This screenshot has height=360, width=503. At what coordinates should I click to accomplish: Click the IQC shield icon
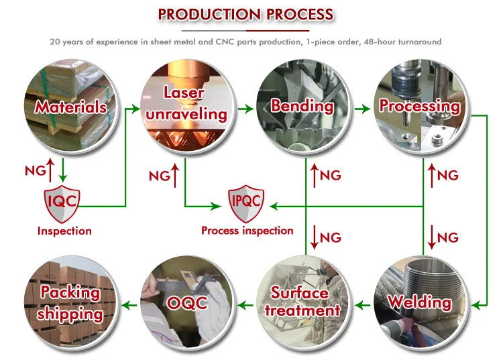point(62,204)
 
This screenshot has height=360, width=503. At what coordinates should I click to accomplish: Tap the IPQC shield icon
point(246,204)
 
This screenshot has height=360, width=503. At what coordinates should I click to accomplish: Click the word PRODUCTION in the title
point(209,15)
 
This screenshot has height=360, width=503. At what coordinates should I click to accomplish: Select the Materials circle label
point(71,107)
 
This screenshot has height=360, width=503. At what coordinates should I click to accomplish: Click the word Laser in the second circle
point(184,93)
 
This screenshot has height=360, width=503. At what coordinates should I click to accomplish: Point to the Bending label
point(302,106)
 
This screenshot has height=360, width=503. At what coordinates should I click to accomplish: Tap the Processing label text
point(420,106)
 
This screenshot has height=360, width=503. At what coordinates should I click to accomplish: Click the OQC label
point(186,303)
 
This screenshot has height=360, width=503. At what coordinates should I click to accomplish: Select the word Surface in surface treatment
point(300,293)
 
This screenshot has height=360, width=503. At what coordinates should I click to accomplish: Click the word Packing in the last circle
point(70,292)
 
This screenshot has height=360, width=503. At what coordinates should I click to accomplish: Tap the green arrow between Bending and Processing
point(362,109)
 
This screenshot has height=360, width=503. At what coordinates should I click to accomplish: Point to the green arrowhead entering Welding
point(476,305)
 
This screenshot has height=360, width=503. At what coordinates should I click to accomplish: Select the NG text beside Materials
point(36,170)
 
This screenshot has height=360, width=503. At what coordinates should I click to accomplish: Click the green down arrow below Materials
point(63,170)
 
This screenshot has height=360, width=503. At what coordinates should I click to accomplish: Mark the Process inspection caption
point(247,231)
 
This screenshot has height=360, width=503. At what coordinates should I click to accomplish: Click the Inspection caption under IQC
point(64,231)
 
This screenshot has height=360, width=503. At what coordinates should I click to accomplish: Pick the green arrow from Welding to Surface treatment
point(362,305)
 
